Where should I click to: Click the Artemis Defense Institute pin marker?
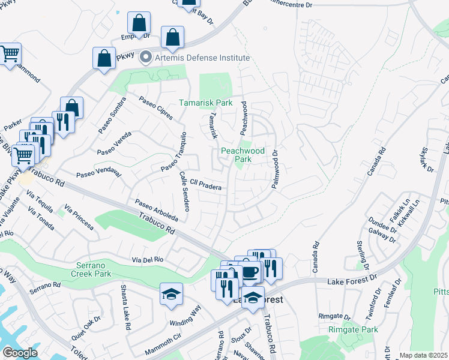click(145, 58)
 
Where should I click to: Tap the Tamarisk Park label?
click(205, 103)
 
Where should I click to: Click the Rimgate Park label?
click(353, 329)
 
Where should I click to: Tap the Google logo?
click(19, 353)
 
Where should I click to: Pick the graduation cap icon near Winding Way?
click(171, 294)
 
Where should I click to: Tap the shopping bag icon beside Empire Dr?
click(139, 24)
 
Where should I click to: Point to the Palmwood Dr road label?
click(276, 169)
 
